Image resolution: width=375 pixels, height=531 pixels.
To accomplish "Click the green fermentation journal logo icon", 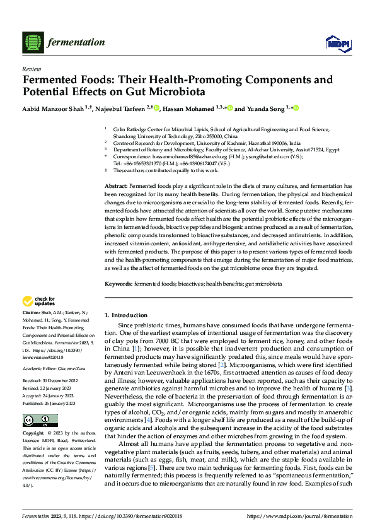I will coord(32,43).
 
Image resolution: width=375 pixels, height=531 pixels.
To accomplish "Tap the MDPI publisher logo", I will coord(335,43).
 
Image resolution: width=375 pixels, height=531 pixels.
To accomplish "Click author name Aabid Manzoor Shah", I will coord(55,108).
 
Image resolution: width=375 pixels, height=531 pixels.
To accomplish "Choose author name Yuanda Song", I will coord(265,108).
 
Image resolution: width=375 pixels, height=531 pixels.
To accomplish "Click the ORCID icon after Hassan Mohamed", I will coord(230,108).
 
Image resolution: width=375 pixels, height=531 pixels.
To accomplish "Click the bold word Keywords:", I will coord(118,284).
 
